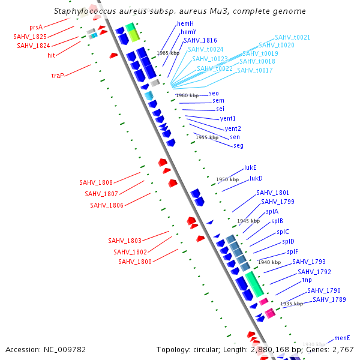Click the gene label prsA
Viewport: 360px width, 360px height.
click(x=36, y=28)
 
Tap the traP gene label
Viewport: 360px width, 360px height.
click(x=58, y=76)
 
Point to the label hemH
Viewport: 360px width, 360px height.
click(x=185, y=23)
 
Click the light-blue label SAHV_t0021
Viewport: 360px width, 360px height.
click(x=293, y=37)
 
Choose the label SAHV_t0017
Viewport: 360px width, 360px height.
click(x=255, y=70)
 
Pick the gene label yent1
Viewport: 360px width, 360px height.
click(x=228, y=119)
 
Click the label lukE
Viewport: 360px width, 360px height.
click(x=250, y=168)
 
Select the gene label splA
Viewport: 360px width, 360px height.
click(x=272, y=211)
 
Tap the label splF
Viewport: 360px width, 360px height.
click(x=292, y=252)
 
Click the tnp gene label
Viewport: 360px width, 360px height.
click(x=307, y=280)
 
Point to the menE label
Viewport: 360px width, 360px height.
click(x=342, y=338)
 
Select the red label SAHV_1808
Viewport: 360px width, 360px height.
click(x=96, y=182)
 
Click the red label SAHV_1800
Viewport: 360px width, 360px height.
click(x=135, y=262)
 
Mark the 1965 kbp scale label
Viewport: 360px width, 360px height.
click(x=168, y=53)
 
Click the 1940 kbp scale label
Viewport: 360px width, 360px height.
click(x=269, y=262)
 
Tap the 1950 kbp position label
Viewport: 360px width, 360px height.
click(x=227, y=179)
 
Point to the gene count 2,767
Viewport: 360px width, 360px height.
click(x=342, y=349)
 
